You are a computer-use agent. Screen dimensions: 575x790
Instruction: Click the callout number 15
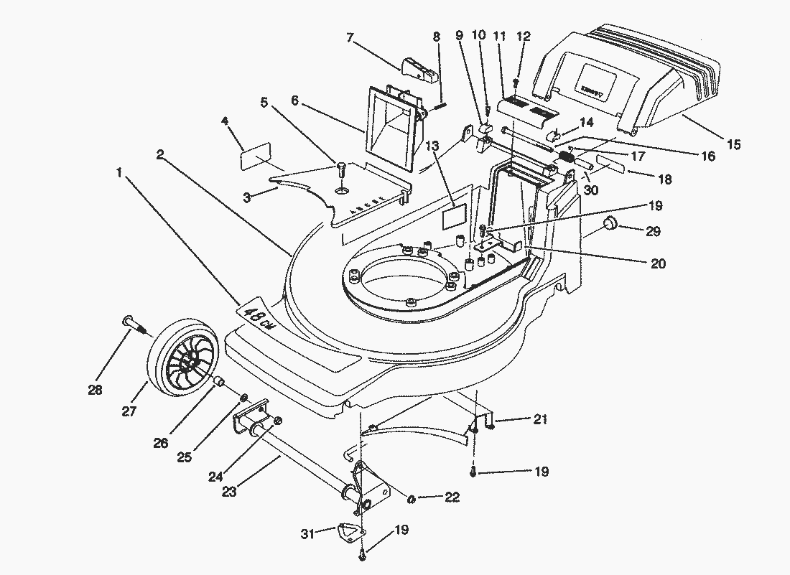733,144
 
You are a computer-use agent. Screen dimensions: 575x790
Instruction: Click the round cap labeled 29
610,223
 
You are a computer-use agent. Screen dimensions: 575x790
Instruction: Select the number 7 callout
350,37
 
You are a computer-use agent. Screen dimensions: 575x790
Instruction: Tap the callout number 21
540,419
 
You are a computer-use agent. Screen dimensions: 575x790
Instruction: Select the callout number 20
658,263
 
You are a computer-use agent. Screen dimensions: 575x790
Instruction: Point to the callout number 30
591,190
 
